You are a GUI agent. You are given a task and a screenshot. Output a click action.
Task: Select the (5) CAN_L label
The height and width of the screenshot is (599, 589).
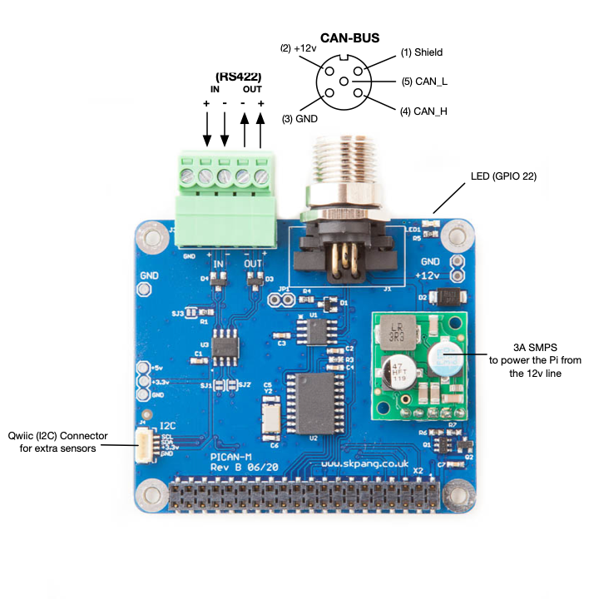[x=425, y=81]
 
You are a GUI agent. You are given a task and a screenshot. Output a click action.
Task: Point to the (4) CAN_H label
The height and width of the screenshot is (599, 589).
[x=424, y=111]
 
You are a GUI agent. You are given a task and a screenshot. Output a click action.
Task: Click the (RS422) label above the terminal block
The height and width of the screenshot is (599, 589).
[x=238, y=76]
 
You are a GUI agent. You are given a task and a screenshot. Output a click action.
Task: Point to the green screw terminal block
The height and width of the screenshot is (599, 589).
[x=228, y=200]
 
